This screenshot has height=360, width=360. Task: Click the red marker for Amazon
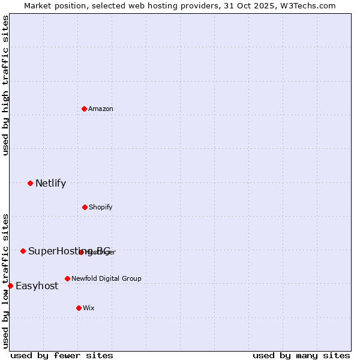pos(85,109)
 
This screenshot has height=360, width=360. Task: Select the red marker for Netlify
pos(30,183)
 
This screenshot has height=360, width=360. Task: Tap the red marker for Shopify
pos(85,207)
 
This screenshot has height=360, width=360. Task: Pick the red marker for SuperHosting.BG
pos(23,251)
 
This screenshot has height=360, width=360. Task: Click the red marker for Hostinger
pos(82,252)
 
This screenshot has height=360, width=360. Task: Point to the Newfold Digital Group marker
pos(67,278)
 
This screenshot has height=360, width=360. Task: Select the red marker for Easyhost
pos(10,286)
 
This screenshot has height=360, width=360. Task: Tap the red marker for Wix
pos(79,308)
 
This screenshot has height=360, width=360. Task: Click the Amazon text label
pos(101,109)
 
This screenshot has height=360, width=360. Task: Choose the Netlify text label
pos(50,184)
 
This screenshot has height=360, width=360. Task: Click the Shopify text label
pos(101,207)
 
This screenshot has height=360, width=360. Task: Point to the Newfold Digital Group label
pos(106,278)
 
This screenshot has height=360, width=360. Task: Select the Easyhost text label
pos(37,286)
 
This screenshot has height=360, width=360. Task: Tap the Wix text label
pos(89,308)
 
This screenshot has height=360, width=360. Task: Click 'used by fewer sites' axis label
pos(62,355)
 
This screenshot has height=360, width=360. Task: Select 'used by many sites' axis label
pos(301,355)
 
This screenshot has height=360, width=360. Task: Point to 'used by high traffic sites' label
pos(5,85)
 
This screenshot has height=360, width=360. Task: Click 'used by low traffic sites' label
pos(5,281)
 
